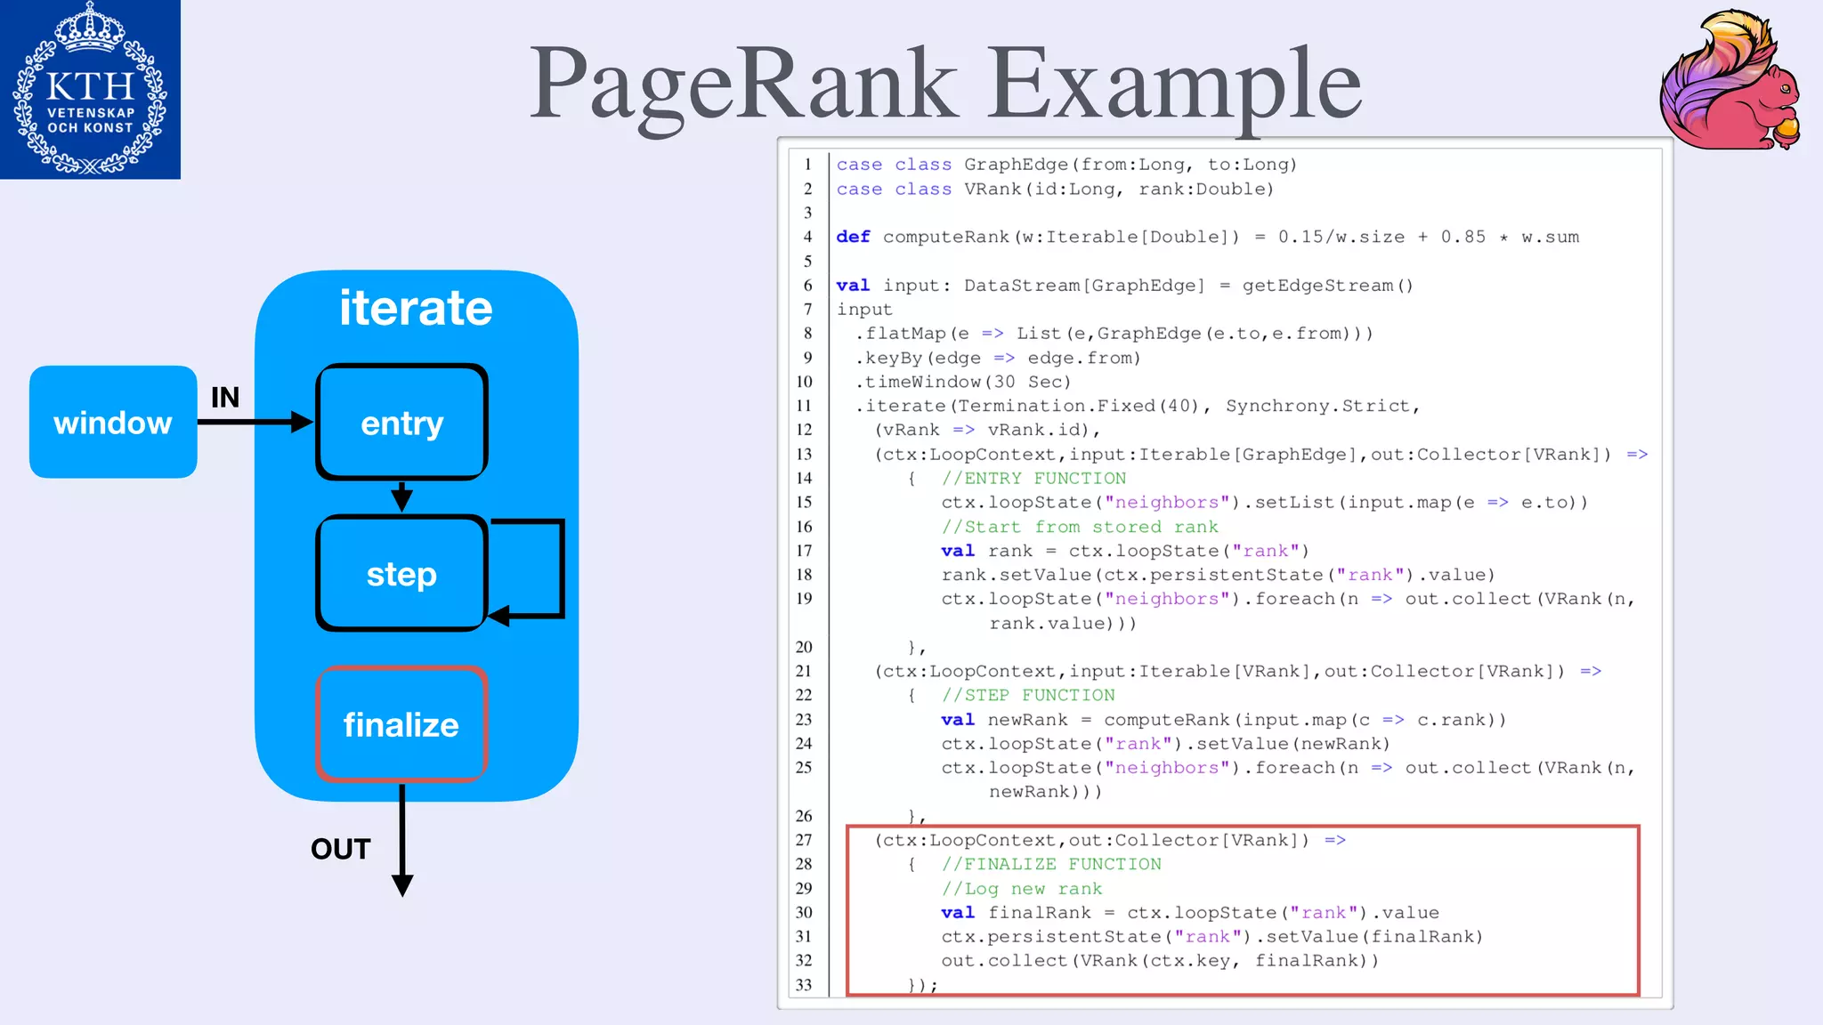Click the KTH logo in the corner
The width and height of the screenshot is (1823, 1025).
click(90, 89)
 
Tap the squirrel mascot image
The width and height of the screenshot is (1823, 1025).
click(1730, 80)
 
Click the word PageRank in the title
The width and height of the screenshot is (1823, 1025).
click(744, 85)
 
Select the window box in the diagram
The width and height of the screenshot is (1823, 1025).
click(113, 422)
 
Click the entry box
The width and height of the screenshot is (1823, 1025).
click(401, 423)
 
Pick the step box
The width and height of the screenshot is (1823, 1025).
click(401, 574)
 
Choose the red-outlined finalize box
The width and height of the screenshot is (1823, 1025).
click(401, 724)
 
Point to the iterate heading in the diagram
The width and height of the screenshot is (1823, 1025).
click(416, 308)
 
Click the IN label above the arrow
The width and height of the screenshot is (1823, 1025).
click(225, 397)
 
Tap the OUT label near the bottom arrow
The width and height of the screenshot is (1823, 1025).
click(340, 849)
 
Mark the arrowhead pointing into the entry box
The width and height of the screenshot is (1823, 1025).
click(303, 422)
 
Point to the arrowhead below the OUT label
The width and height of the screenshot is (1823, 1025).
click(402, 884)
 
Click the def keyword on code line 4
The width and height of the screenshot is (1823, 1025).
click(853, 237)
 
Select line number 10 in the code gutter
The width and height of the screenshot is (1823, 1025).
click(805, 382)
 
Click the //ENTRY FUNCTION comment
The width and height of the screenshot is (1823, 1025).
click(1033, 479)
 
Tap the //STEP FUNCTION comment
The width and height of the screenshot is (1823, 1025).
click(1028, 695)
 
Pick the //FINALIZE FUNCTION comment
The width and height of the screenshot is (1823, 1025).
click(1051, 864)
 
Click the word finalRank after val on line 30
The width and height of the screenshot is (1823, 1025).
click(1039, 913)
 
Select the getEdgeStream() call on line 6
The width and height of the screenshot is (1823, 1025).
click(1327, 286)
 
